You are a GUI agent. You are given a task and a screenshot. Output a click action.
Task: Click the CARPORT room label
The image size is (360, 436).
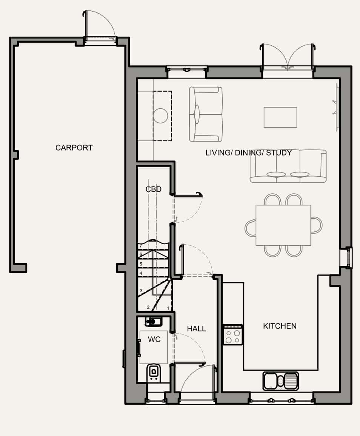tap(74, 148)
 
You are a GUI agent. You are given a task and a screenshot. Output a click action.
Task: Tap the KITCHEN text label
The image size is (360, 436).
tap(280, 326)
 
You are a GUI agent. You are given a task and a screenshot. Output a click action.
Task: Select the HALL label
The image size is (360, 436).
tap(196, 329)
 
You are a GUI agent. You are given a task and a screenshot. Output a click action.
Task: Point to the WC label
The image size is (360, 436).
tap(154, 339)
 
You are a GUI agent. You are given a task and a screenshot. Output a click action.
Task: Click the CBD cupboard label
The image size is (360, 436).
tap(154, 189)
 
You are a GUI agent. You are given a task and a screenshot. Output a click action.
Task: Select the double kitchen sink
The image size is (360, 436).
tap(280, 381)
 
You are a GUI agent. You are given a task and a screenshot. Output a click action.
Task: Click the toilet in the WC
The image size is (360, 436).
tap(154, 372)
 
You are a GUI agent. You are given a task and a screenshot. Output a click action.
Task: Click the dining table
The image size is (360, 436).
tap(283, 225)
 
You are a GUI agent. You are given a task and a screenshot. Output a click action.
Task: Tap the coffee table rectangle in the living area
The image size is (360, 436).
tap(280, 117)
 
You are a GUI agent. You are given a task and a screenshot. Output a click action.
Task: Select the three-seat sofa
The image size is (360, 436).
tap(288, 166)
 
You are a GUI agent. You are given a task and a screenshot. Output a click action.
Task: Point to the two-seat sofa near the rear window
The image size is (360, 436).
tap(206, 114)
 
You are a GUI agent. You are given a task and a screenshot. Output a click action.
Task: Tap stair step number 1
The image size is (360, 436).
tap(168, 308)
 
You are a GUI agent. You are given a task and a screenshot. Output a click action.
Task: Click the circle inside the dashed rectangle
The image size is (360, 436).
tap(160, 116)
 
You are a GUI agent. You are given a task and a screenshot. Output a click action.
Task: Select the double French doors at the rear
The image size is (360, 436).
tap(288, 57)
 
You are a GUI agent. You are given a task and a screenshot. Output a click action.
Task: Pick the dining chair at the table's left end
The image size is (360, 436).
tap(250, 228)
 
